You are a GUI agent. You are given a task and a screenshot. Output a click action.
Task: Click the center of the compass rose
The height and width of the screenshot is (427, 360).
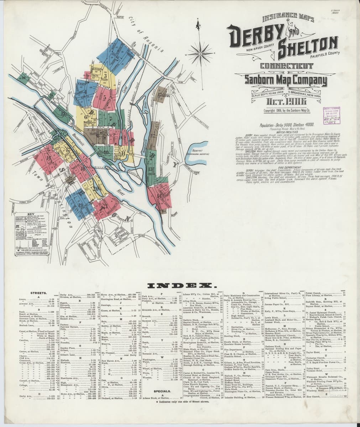[200, 54]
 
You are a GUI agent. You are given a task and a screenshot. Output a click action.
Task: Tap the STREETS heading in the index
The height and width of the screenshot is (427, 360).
[37, 294]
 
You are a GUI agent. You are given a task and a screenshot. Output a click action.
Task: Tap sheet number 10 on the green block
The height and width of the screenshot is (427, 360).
[24, 77]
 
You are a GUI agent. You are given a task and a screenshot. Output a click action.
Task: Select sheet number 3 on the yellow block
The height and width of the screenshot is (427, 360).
[95, 75]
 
